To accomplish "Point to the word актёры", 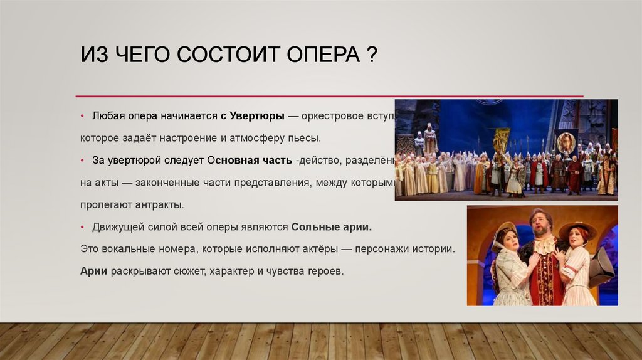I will pos(313,248).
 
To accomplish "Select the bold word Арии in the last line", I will pos(94,271).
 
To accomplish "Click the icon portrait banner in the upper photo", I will pos(566,143).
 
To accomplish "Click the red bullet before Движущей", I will pos(82,226).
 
